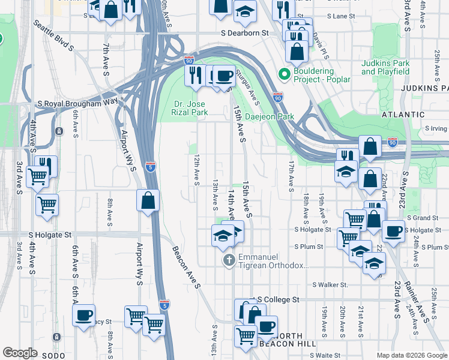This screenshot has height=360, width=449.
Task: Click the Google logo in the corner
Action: [20, 353]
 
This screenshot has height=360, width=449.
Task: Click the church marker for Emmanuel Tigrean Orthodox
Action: [228, 260]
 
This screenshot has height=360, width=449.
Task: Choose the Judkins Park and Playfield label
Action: [385, 67]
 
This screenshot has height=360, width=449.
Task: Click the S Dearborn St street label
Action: [244, 34]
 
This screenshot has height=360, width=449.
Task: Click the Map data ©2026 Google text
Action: [411, 355]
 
